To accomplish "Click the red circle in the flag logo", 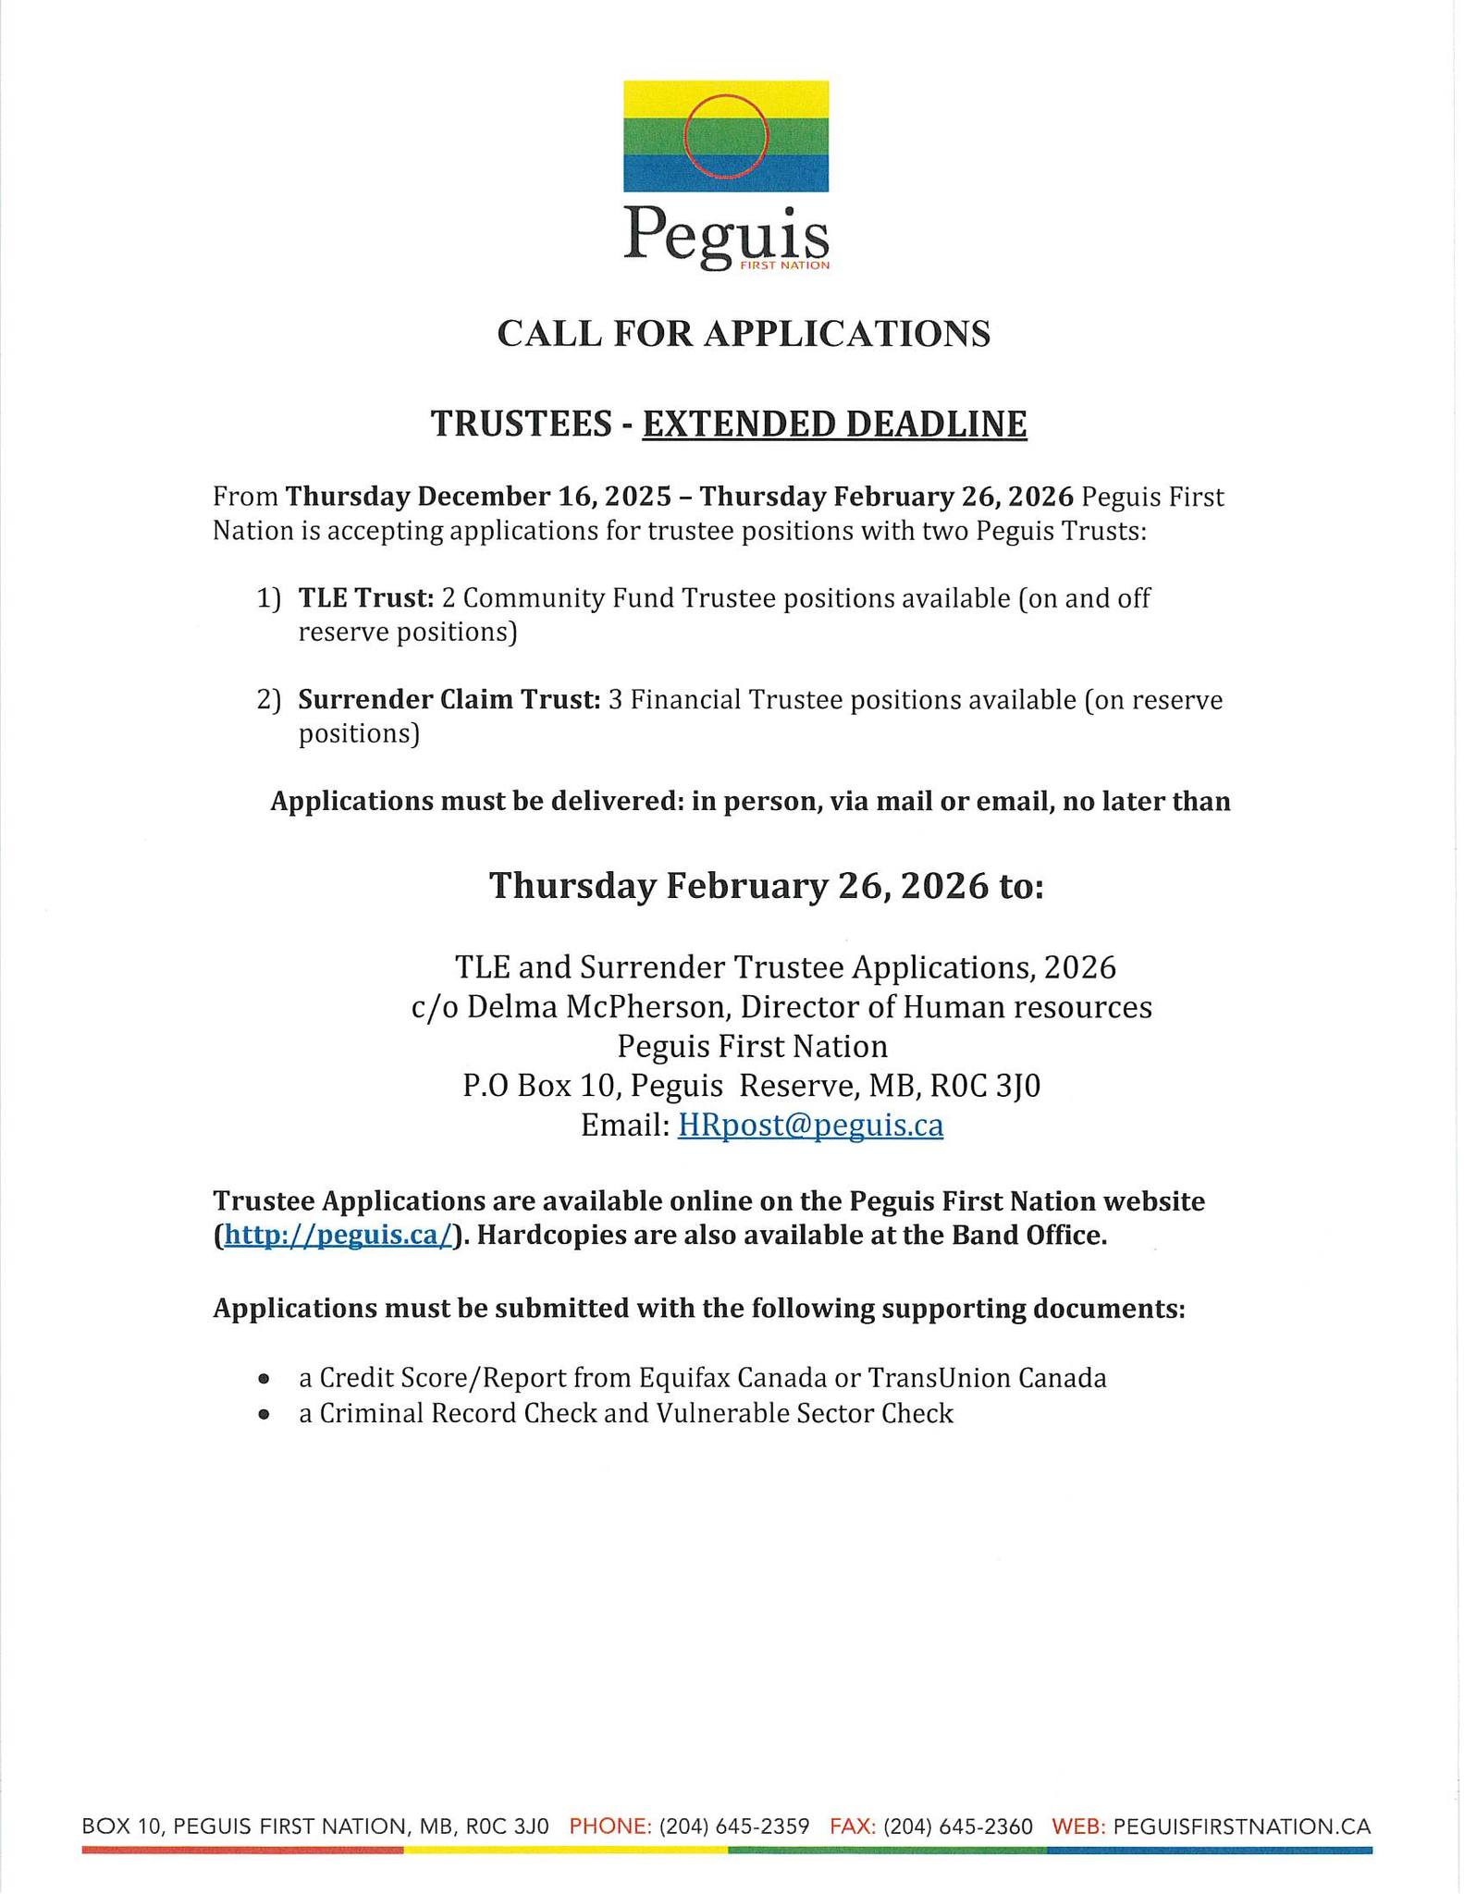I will [726, 137].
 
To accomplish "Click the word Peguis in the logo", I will [726, 234].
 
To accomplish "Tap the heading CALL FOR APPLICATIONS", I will [744, 334].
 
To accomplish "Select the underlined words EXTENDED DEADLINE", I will [834, 424].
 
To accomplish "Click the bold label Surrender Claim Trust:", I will [449, 700].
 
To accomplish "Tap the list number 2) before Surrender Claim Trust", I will [268, 700].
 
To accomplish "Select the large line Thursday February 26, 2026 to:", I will [767, 886].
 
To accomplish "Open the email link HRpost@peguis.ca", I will [810, 1125].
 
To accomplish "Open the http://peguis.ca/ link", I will [338, 1236].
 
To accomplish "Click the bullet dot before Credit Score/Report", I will [265, 1379].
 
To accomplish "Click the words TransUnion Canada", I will [987, 1379].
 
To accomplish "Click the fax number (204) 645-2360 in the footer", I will [958, 1826].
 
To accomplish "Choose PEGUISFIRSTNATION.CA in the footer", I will [1242, 1826].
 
